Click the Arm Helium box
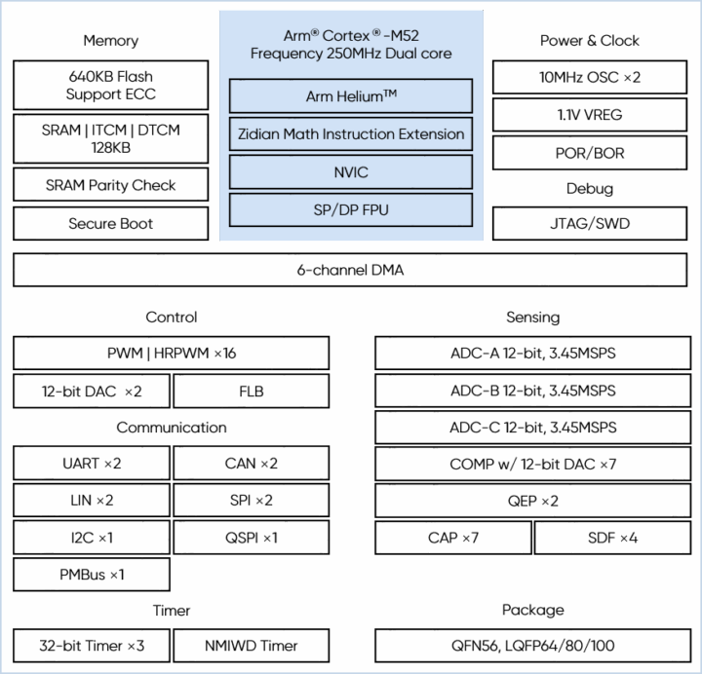351,96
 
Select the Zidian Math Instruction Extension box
351,134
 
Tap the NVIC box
351,172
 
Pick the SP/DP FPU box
351,210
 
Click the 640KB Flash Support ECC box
111,86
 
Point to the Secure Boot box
111,224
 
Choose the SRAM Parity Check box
111,185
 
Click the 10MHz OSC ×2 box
590,78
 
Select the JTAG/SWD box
590,224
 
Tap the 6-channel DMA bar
350,271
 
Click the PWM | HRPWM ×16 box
172,353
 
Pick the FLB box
252,392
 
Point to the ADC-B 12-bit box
532,392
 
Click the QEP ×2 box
532,502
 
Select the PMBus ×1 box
92,575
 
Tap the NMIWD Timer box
252,646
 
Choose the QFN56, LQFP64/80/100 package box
532,646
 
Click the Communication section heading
172,428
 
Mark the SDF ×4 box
612,538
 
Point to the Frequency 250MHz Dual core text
351,55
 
